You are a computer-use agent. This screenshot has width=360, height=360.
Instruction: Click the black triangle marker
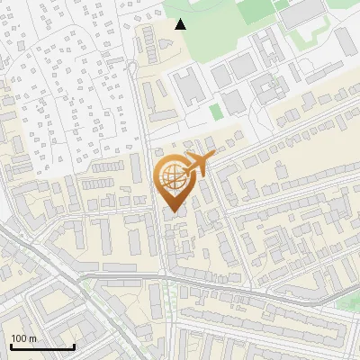tap(181, 24)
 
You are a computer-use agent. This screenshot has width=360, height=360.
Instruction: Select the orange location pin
tap(175, 180)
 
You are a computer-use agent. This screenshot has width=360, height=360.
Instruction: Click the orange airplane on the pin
tap(196, 165)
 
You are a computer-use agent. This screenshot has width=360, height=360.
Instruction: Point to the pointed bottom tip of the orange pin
tap(172, 208)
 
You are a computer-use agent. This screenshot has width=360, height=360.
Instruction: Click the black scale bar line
tap(42, 346)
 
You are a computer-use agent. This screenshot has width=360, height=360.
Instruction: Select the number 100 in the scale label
tap(18, 338)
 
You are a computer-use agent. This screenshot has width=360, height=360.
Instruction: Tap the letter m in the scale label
tap(32, 338)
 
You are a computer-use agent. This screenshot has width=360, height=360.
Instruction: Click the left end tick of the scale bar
tap(11, 345)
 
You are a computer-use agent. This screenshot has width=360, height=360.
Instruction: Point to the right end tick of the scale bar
tap(74, 345)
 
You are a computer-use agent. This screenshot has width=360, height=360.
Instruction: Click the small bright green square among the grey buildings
tap(215, 112)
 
